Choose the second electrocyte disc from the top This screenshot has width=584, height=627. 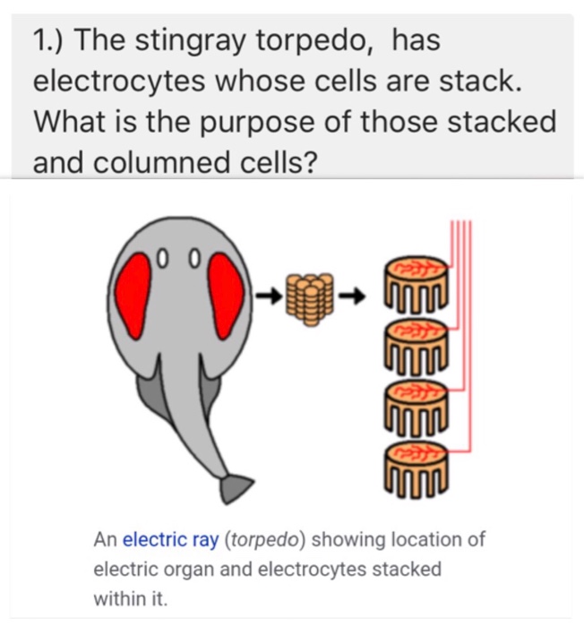tap(414, 346)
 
